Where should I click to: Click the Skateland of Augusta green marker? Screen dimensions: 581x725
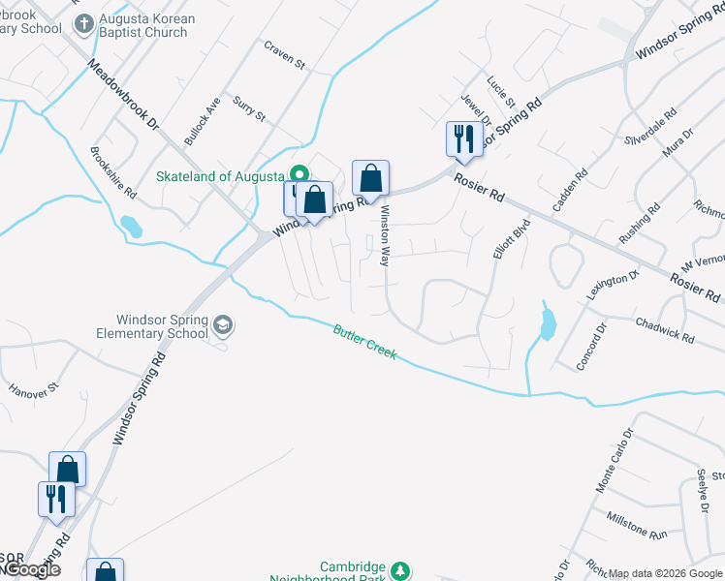(299, 174)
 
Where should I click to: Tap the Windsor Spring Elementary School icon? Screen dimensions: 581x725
(224, 324)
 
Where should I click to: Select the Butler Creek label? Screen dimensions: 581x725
(364, 341)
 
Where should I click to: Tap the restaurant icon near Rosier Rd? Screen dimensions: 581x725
(463, 138)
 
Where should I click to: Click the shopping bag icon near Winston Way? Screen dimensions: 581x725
(370, 178)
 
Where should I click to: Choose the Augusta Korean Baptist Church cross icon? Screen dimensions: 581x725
(85, 22)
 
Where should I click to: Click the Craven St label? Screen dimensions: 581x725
(286, 55)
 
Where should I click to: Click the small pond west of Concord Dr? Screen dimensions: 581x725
(548, 321)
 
